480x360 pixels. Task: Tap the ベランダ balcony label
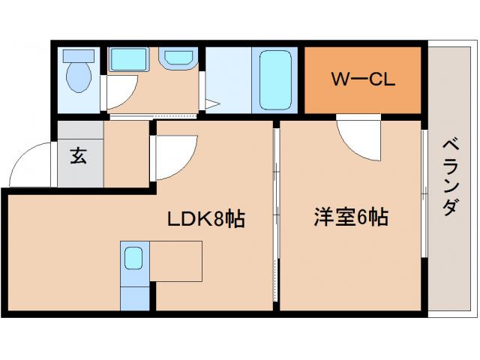pyautogui.click(x=449, y=176)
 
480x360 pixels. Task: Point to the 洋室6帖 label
pyautogui.click(x=350, y=218)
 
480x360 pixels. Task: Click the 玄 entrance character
pyautogui.click(x=78, y=156)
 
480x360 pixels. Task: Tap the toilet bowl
pyautogui.click(x=77, y=77)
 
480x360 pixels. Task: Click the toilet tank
pyautogui.click(x=77, y=55)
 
